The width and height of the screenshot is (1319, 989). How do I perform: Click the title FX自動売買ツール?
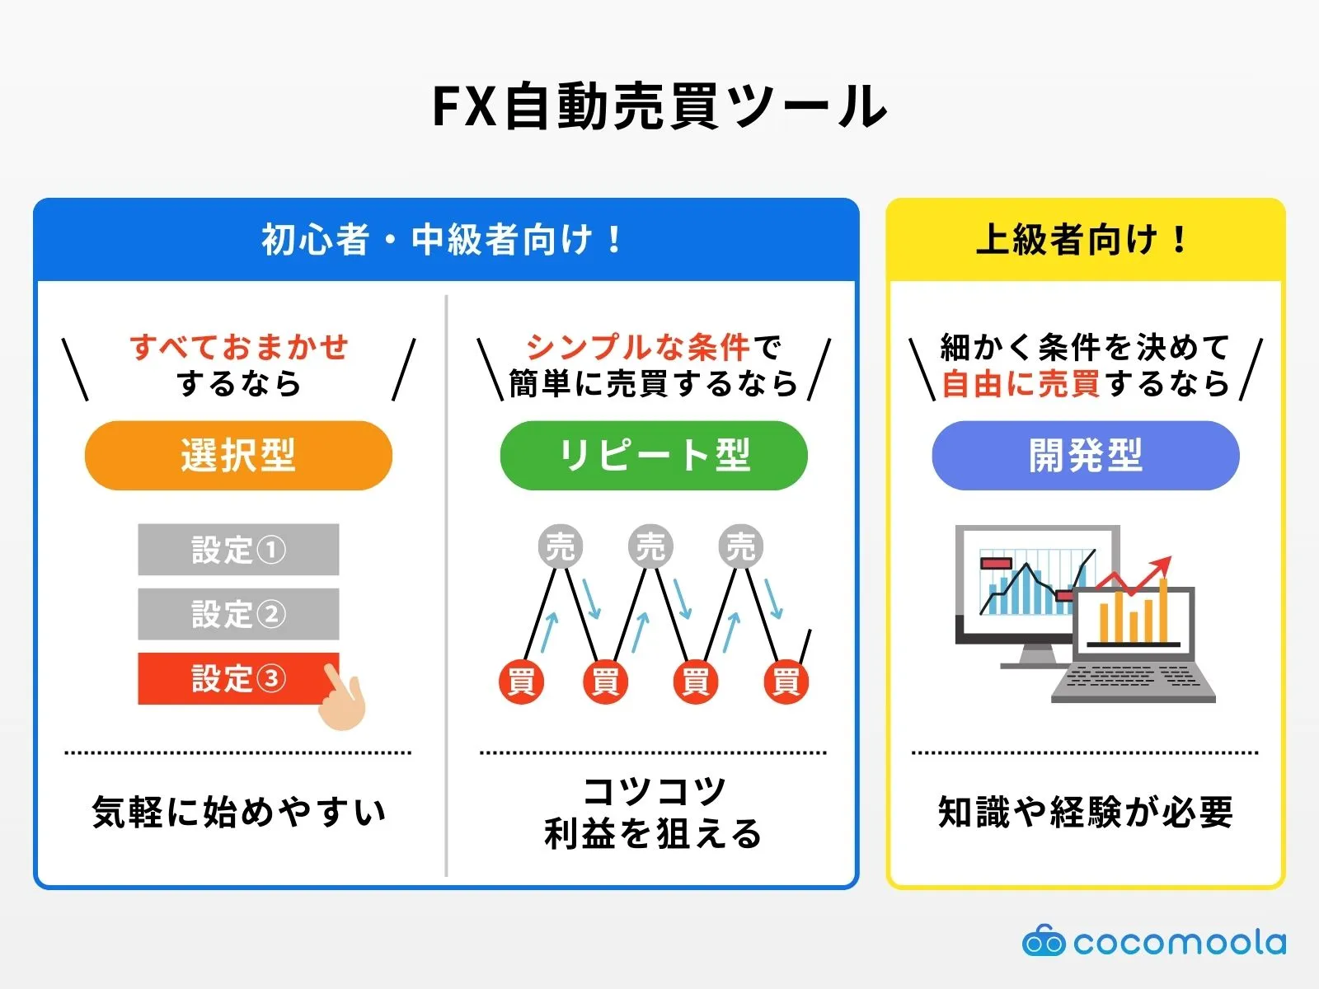coord(659,107)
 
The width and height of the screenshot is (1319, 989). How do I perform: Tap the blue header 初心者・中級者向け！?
coord(445,240)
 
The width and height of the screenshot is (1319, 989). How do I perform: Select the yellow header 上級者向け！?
coord(1085,240)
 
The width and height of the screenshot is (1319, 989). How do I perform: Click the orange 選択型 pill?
coord(238,456)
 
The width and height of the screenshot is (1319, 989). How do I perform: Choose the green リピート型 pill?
coord(654,456)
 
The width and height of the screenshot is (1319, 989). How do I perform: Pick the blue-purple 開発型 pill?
coord(1085,456)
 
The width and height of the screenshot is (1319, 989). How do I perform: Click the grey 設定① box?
coord(238,550)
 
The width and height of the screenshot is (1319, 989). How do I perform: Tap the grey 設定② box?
coord(238,614)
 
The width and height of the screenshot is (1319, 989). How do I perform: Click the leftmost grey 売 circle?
coord(561,546)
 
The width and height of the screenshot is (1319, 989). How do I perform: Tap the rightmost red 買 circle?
coord(785,682)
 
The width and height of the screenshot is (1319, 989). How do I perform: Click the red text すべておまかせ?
coord(239,347)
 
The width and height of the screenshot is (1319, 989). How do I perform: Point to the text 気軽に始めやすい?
coord(238,813)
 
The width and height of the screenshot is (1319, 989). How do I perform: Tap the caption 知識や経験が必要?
coord(1085,813)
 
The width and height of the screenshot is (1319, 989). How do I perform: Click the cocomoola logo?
coord(1154,942)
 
